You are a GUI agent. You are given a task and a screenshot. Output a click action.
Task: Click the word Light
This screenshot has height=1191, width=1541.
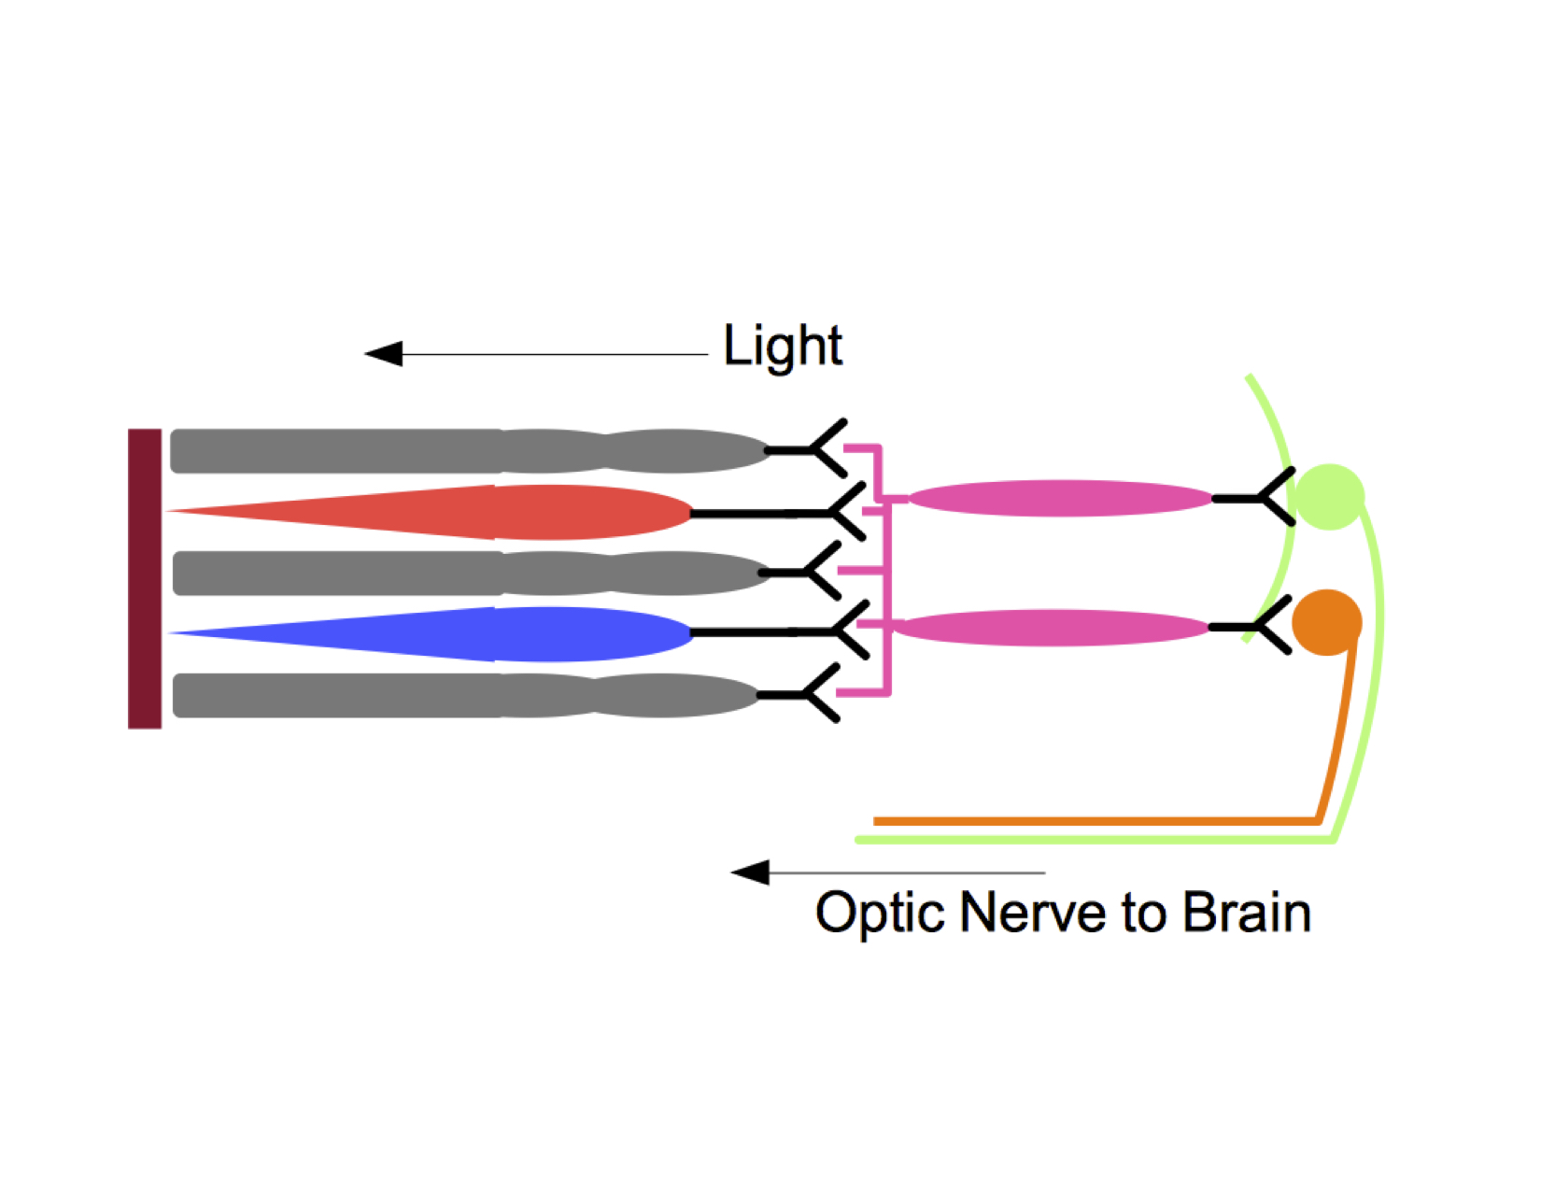click(783, 347)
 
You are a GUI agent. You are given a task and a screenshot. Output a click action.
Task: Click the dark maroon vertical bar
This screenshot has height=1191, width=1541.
click(145, 578)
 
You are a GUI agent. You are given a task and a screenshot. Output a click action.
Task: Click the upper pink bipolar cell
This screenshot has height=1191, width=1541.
click(1060, 499)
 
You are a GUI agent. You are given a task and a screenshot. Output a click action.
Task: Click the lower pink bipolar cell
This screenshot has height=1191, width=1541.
click(1051, 627)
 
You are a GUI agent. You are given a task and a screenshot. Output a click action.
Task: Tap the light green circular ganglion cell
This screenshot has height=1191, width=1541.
click(1329, 497)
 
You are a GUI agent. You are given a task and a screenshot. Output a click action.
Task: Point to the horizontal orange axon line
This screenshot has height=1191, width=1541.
click(1093, 821)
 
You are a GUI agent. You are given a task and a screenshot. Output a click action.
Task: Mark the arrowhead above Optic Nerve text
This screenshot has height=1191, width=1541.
click(750, 872)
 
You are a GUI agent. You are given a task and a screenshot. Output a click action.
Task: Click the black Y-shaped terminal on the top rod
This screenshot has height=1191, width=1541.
click(822, 449)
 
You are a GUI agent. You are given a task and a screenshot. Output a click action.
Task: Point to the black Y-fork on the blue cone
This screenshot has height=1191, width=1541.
click(845, 631)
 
